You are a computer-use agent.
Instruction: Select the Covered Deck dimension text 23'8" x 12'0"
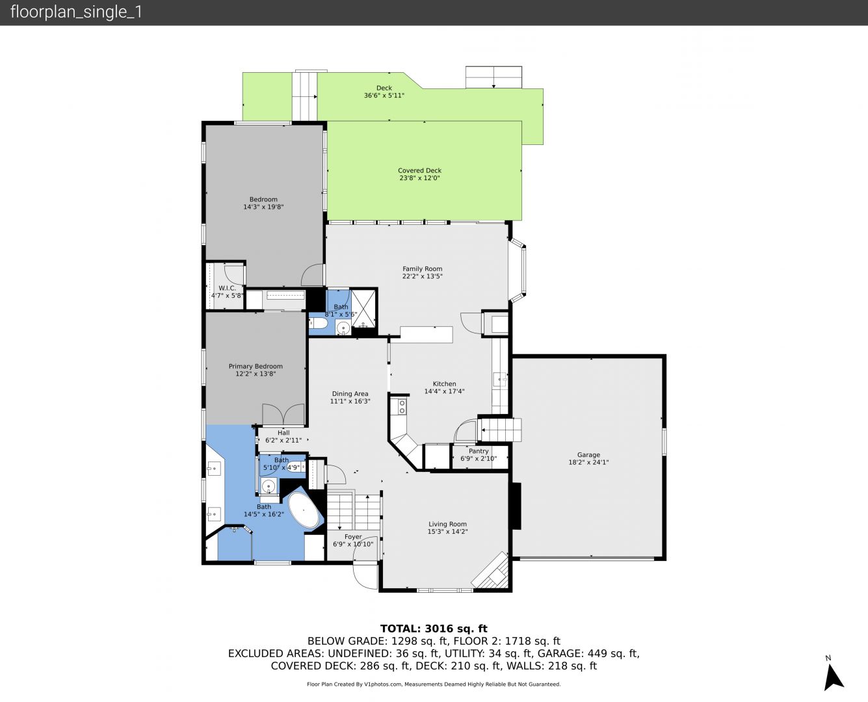click(419, 178)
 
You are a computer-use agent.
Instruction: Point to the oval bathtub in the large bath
click(304, 511)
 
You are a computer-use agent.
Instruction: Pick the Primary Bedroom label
click(256, 367)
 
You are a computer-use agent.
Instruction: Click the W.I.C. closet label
click(227, 288)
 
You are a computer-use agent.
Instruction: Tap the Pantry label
click(479, 451)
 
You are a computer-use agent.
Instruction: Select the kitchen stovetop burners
click(402, 406)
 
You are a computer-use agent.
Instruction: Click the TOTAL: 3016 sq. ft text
click(434, 629)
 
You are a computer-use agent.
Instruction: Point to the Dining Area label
click(350, 394)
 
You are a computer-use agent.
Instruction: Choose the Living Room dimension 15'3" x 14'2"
click(447, 531)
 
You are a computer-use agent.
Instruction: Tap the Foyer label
click(353, 537)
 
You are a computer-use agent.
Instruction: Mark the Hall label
click(283, 433)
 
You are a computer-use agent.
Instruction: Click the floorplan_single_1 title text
click(76, 12)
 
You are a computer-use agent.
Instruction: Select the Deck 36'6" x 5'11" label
click(384, 92)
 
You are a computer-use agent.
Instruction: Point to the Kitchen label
click(444, 383)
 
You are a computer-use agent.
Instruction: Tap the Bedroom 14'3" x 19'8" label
click(263, 203)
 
